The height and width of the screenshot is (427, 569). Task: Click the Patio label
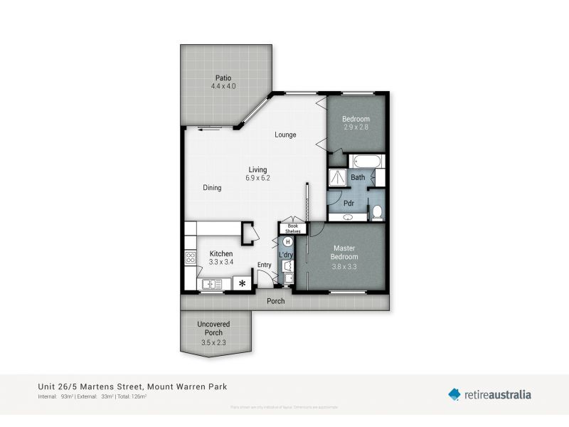click(223, 78)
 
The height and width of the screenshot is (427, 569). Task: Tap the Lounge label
click(286, 135)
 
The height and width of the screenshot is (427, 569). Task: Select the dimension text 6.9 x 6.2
click(257, 178)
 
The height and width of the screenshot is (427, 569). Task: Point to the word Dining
click(212, 188)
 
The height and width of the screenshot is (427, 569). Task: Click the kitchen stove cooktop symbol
click(191, 258)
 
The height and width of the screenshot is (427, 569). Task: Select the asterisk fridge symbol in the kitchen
click(243, 284)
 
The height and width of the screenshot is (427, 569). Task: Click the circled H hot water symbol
click(288, 242)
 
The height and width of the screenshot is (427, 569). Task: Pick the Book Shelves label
click(293, 228)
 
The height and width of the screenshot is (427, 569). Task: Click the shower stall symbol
click(337, 178)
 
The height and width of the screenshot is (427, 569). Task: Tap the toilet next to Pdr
click(377, 211)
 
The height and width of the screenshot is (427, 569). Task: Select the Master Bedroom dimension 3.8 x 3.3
click(345, 266)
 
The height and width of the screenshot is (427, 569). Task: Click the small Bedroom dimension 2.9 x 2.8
click(356, 127)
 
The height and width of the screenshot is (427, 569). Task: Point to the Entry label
click(265, 265)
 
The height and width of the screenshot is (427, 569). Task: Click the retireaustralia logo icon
click(454, 394)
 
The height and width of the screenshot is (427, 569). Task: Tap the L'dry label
click(286, 255)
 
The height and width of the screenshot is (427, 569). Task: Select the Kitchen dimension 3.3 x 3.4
click(221, 262)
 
